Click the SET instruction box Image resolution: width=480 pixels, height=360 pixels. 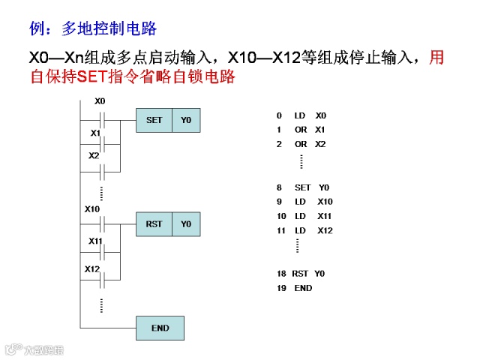(x=154, y=120)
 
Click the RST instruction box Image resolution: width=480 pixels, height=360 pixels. (x=154, y=224)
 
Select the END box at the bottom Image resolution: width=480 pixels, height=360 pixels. (x=160, y=328)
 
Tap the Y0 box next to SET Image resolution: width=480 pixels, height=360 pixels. (x=186, y=120)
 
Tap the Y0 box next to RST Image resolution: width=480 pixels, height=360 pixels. (x=186, y=224)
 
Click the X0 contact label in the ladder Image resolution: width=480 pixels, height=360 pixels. (x=100, y=101)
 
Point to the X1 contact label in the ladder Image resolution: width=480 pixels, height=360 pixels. (x=95, y=133)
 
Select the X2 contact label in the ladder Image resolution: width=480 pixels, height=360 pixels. (x=94, y=156)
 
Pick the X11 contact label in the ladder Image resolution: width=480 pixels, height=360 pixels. (x=95, y=241)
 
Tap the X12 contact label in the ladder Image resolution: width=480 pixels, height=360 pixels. (x=92, y=268)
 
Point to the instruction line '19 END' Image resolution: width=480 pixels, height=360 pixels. (x=294, y=288)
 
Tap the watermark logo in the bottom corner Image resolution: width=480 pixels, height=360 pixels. (x=34, y=349)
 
